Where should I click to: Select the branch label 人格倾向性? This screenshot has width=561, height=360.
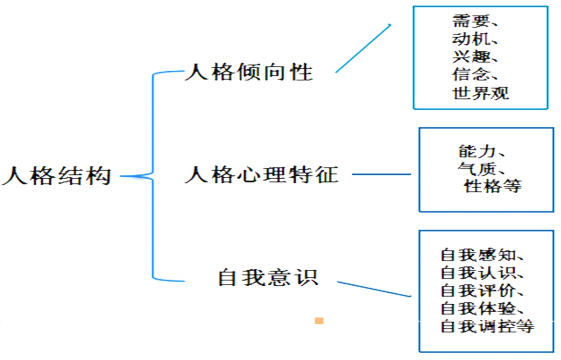click(249, 72)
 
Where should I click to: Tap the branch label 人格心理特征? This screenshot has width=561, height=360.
click(261, 175)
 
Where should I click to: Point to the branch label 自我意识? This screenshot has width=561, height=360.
click(268, 278)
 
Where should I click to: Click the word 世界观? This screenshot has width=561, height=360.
click(480, 93)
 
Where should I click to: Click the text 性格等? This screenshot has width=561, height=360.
click(492, 186)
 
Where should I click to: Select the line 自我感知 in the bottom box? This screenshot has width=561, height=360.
click(477, 255)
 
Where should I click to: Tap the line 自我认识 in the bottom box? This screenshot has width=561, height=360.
click(477, 273)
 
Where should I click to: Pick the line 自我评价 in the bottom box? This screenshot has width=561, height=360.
click(477, 291)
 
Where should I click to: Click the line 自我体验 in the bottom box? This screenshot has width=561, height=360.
click(477, 308)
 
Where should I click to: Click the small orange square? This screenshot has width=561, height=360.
click(319, 321)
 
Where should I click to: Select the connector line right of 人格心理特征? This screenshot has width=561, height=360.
click(381, 174)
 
